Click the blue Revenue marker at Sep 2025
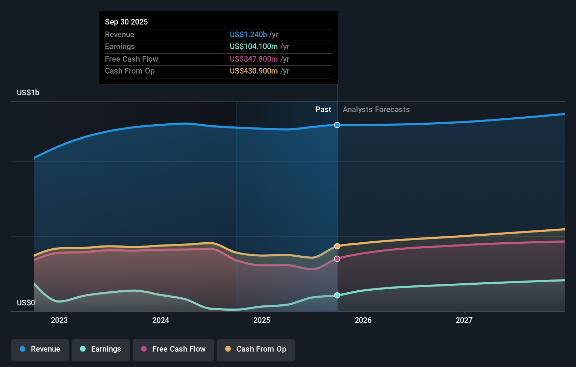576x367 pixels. click(337, 125)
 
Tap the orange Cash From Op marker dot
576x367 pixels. click(337, 246)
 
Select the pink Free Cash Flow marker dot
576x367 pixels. click(337, 259)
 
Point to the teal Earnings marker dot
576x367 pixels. click(337, 295)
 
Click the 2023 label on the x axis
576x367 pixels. click(59, 320)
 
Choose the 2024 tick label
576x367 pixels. click(161, 320)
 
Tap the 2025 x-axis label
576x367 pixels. click(262, 320)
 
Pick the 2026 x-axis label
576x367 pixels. click(363, 320)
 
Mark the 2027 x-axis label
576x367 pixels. click(464, 320)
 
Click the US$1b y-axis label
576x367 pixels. click(28, 92)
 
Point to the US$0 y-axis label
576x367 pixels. click(26, 303)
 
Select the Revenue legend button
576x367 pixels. click(40, 349)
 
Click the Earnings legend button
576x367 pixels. click(101, 349)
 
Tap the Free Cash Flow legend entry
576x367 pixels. click(173, 349)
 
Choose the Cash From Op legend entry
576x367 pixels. click(256, 349)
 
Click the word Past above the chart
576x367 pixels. click(323, 110)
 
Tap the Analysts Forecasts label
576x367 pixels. click(376, 110)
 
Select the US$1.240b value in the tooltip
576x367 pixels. click(248, 34)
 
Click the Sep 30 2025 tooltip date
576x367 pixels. click(126, 22)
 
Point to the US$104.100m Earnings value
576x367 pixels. click(254, 47)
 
